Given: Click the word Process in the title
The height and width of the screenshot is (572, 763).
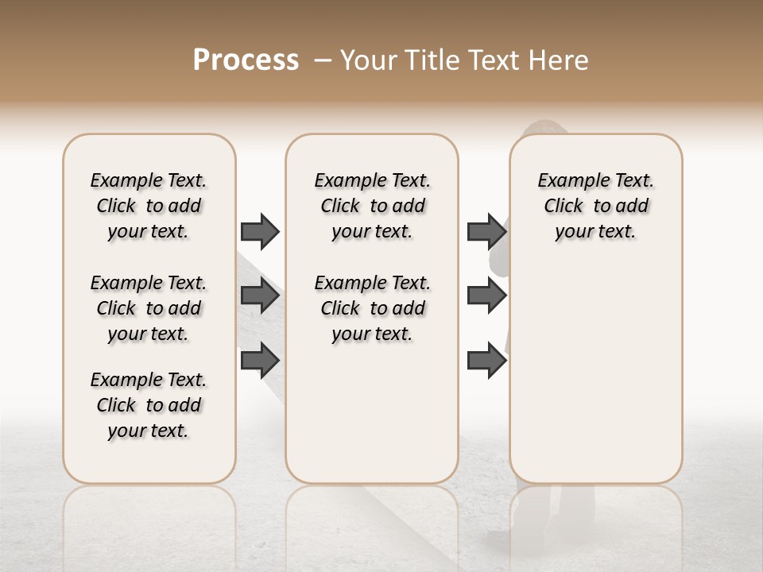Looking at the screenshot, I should click(x=246, y=60).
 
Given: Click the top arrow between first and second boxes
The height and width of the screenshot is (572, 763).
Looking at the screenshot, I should click(x=260, y=231).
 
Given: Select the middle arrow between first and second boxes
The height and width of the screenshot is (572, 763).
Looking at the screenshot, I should click(x=260, y=296).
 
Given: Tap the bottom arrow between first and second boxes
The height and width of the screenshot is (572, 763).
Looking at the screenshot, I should click(x=260, y=359).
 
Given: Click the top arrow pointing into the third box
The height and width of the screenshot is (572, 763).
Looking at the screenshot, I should click(x=487, y=231).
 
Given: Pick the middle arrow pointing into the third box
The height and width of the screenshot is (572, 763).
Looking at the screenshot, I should click(x=487, y=296).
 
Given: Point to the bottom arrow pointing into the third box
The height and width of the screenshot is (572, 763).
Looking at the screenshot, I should click(x=487, y=360).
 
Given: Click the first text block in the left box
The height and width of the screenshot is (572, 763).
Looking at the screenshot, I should click(x=149, y=206).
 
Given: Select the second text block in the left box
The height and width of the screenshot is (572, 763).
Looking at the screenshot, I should click(x=149, y=308).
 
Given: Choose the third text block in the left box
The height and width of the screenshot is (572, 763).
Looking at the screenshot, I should click(x=149, y=405).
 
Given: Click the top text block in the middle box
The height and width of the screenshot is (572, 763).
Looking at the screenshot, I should click(x=373, y=206).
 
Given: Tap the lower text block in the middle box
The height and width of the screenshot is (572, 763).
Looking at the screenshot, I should click(x=373, y=308).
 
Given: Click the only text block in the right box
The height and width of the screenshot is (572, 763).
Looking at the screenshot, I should click(x=596, y=206).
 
